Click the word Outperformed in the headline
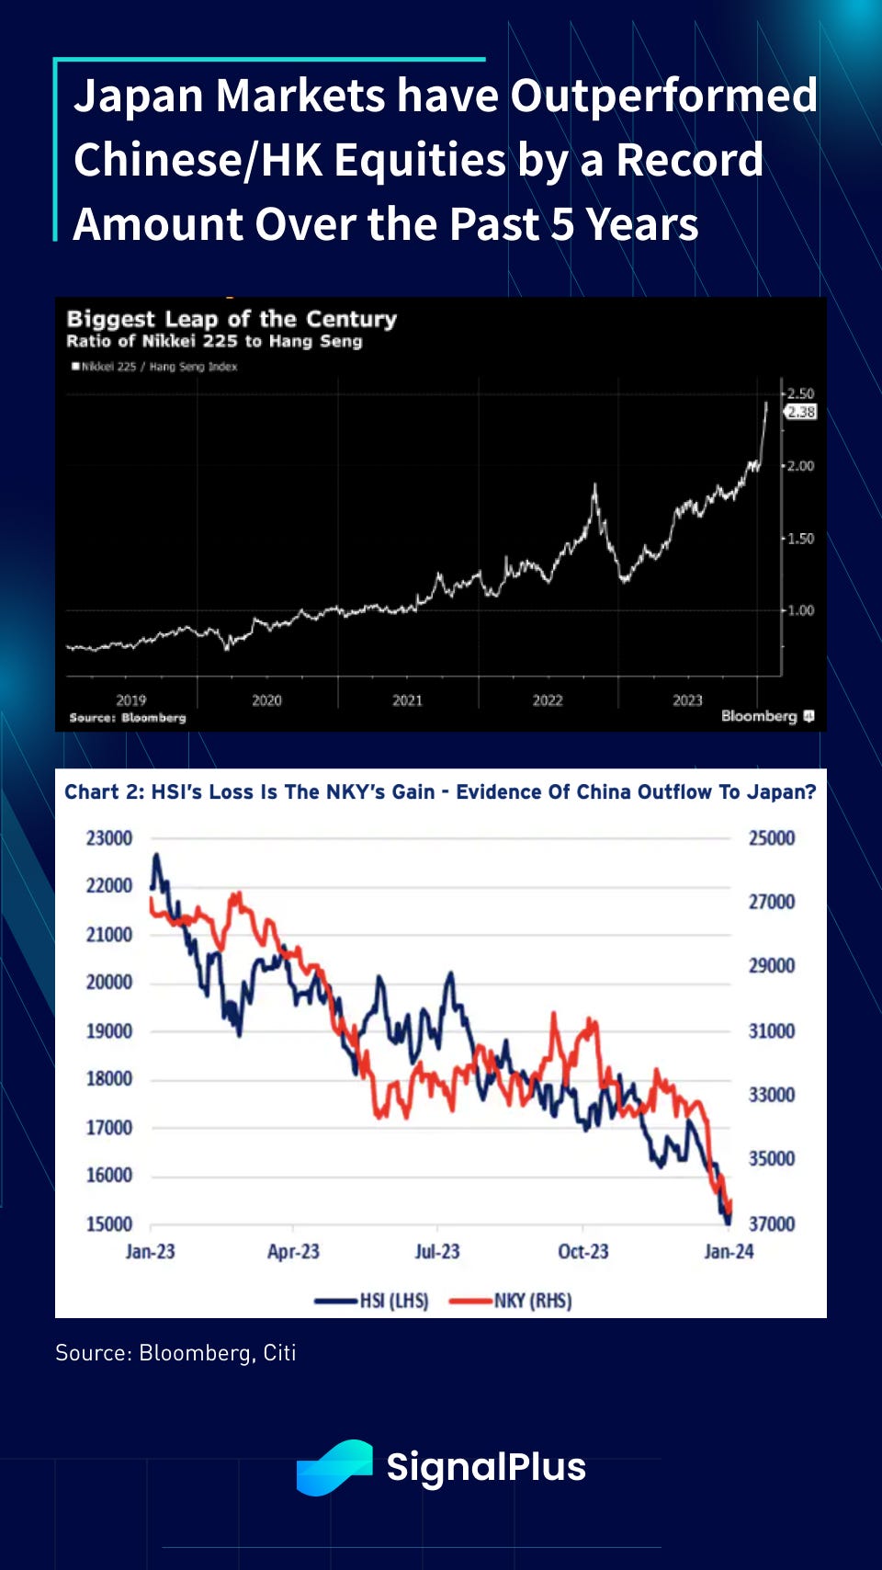click(x=663, y=96)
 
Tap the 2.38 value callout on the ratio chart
click(x=801, y=412)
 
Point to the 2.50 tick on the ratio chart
click(x=800, y=393)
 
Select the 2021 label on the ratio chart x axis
click(x=407, y=700)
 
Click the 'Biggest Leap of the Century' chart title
click(x=232, y=319)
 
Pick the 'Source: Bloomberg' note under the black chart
click(x=128, y=717)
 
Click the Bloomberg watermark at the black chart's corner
click(x=767, y=716)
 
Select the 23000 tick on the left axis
click(x=109, y=838)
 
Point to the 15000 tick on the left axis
click(x=109, y=1224)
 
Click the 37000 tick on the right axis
click(x=772, y=1224)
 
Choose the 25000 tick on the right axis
click(x=772, y=838)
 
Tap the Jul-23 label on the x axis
click(x=437, y=1252)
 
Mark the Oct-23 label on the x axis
click(x=583, y=1252)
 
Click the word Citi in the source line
click(x=279, y=1353)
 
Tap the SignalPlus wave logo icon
click(x=334, y=1467)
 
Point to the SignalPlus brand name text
click(x=486, y=1467)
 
